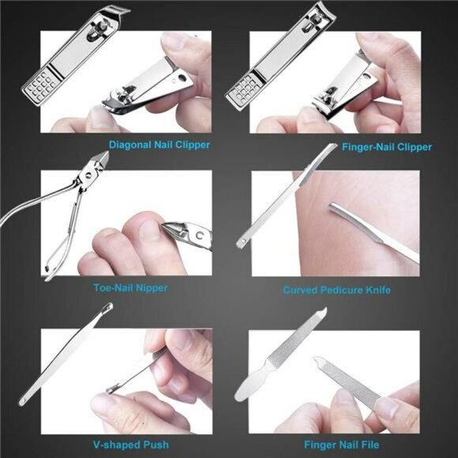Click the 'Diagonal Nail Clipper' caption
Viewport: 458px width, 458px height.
[160, 145]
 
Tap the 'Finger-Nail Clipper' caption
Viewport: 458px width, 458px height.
[386, 147]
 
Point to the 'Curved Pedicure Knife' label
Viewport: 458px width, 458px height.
[336, 290]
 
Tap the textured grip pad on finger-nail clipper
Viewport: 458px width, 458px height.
[242, 92]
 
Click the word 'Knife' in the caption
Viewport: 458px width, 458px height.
[375, 290]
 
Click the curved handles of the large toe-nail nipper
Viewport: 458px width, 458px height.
[47, 229]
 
